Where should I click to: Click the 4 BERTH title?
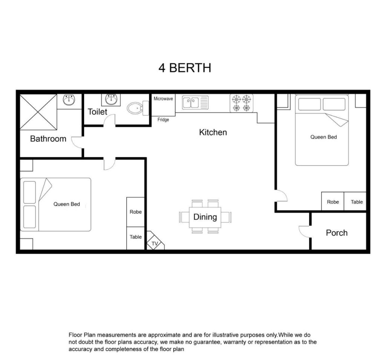click(185, 68)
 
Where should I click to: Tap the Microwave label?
click(163, 99)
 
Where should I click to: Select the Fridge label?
click(163, 119)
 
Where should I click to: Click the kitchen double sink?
click(195, 103)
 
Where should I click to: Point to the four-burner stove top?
click(242, 103)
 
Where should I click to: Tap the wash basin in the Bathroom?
click(69, 100)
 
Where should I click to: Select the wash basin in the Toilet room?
click(111, 99)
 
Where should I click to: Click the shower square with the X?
click(38, 112)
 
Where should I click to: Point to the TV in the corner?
click(155, 241)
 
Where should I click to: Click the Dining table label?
click(205, 217)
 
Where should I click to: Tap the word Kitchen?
click(213, 132)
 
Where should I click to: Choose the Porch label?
click(337, 233)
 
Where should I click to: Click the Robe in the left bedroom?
click(136, 212)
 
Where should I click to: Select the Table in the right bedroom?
click(357, 202)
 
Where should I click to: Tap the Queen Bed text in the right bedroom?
click(323, 137)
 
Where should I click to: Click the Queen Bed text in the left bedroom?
click(67, 204)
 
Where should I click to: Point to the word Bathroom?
click(48, 139)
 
